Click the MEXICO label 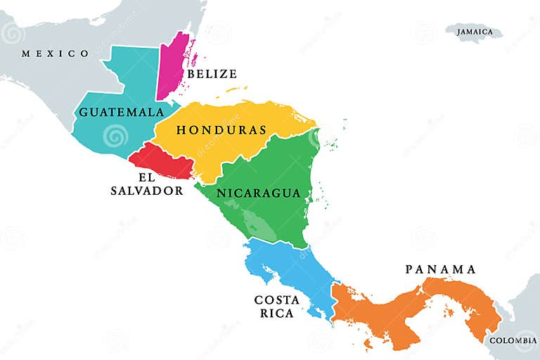(56, 53)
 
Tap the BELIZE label (212, 74)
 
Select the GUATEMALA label (122, 112)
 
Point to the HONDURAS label (221, 130)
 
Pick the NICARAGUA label (259, 193)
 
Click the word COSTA (277, 300)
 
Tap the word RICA (277, 313)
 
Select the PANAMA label (441, 269)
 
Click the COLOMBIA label (513, 340)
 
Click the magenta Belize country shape (171, 67)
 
